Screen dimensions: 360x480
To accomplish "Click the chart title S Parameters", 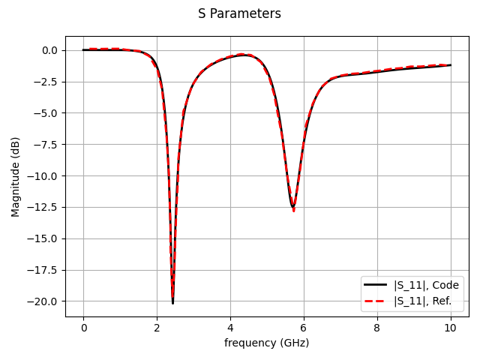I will [x=239, y=13].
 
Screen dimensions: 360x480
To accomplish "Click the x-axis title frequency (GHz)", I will [x=266, y=343].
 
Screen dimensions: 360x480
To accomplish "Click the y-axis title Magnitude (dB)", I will [x=16, y=176].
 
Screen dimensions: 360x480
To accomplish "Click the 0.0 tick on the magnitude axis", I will [x=49, y=50].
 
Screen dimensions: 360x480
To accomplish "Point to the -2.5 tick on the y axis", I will [x=46, y=82].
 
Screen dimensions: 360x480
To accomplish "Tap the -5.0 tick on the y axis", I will [x=46, y=113].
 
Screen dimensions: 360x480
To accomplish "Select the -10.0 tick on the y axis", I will [x=44, y=176].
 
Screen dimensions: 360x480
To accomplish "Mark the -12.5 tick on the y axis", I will [x=44, y=208].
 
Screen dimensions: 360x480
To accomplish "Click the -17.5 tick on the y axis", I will [x=44, y=270].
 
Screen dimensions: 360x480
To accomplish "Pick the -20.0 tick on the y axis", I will [x=44, y=301].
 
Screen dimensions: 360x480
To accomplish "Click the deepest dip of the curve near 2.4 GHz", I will [x=172, y=302].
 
